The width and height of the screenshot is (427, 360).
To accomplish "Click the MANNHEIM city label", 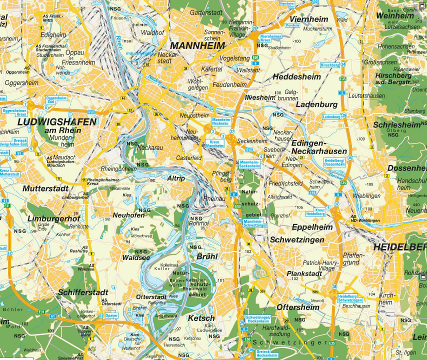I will click(197, 44).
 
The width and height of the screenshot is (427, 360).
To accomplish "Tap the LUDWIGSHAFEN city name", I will click(56, 122).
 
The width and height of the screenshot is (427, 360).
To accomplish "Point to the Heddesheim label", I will click(296, 77).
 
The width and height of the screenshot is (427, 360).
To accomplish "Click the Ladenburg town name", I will click(317, 105).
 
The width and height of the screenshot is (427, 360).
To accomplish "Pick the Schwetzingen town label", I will click(297, 240).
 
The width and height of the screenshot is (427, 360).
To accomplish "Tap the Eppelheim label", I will click(312, 227).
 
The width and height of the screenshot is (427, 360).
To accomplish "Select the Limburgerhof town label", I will click(54, 219).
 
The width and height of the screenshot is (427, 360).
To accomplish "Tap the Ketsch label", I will click(201, 318).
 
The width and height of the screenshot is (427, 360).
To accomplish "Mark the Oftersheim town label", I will click(298, 307).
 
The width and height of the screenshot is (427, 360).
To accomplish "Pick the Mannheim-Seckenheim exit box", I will click(248, 164).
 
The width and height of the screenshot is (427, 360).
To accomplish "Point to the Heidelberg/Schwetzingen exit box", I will click(350, 297).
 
